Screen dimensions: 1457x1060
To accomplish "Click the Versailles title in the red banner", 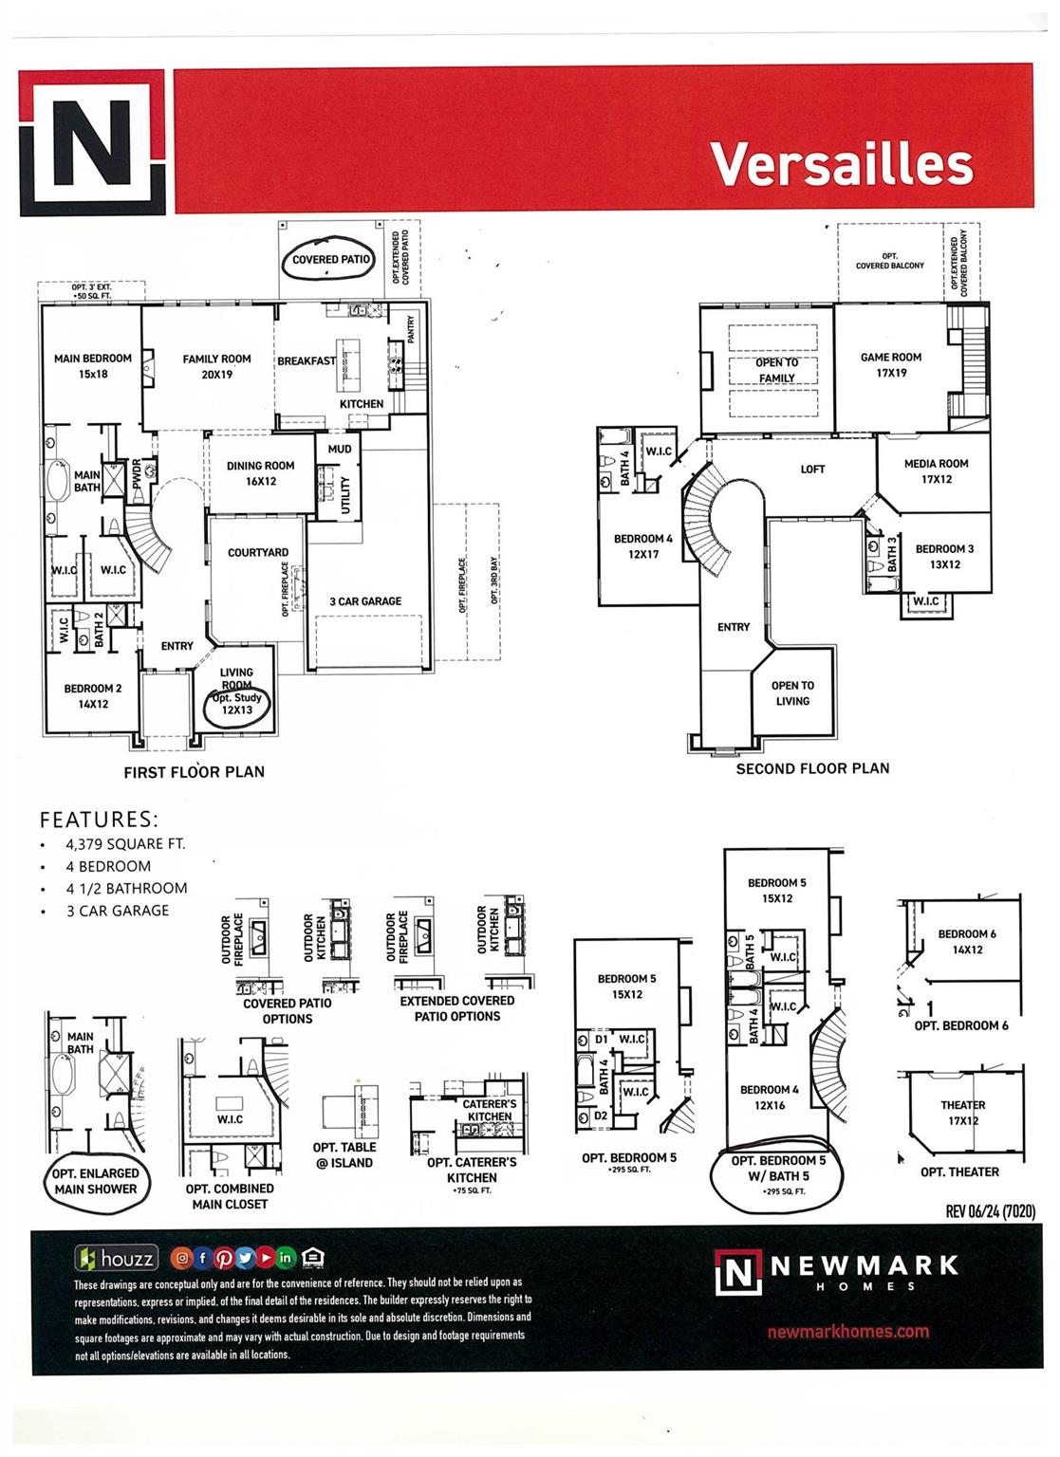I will (842, 164).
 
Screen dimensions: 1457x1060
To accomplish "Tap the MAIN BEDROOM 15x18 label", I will (93, 366).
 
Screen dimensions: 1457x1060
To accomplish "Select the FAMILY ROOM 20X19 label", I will (216, 366).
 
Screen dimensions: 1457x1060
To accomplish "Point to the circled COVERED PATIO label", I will (331, 259).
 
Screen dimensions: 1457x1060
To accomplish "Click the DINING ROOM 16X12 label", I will (260, 473).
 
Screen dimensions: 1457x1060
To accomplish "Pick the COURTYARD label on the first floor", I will (258, 552).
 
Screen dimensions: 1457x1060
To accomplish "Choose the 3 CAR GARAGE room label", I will (365, 601).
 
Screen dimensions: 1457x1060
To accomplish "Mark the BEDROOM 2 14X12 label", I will (93, 696).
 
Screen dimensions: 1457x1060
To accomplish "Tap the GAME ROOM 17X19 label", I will (891, 365).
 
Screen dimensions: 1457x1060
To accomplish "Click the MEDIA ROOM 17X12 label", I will (936, 471).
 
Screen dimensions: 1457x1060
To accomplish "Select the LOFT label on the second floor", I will (812, 469).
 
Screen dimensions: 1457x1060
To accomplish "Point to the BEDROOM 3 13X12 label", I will (944, 556).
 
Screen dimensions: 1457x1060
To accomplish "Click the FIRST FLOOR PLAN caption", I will (194, 772).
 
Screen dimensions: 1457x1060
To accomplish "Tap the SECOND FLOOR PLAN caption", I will (812, 768).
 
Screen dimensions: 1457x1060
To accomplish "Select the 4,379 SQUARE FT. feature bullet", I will (125, 843).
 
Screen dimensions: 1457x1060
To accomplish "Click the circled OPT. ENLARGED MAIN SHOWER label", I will (95, 1181).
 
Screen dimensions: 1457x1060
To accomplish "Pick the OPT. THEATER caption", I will (959, 1171).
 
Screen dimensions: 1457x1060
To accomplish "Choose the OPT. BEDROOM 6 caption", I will (960, 1025).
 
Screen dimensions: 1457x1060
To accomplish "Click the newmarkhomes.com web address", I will (847, 1331).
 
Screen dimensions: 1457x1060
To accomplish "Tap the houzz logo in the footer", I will (117, 1260).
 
